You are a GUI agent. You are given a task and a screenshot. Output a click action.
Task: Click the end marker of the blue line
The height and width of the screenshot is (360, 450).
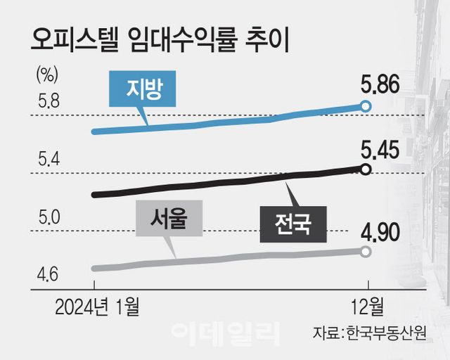pos(365,105)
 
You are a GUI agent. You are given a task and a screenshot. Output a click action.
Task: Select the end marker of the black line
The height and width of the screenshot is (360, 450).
pos(365,168)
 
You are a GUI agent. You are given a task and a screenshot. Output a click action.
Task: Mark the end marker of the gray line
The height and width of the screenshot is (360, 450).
pos(365,251)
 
